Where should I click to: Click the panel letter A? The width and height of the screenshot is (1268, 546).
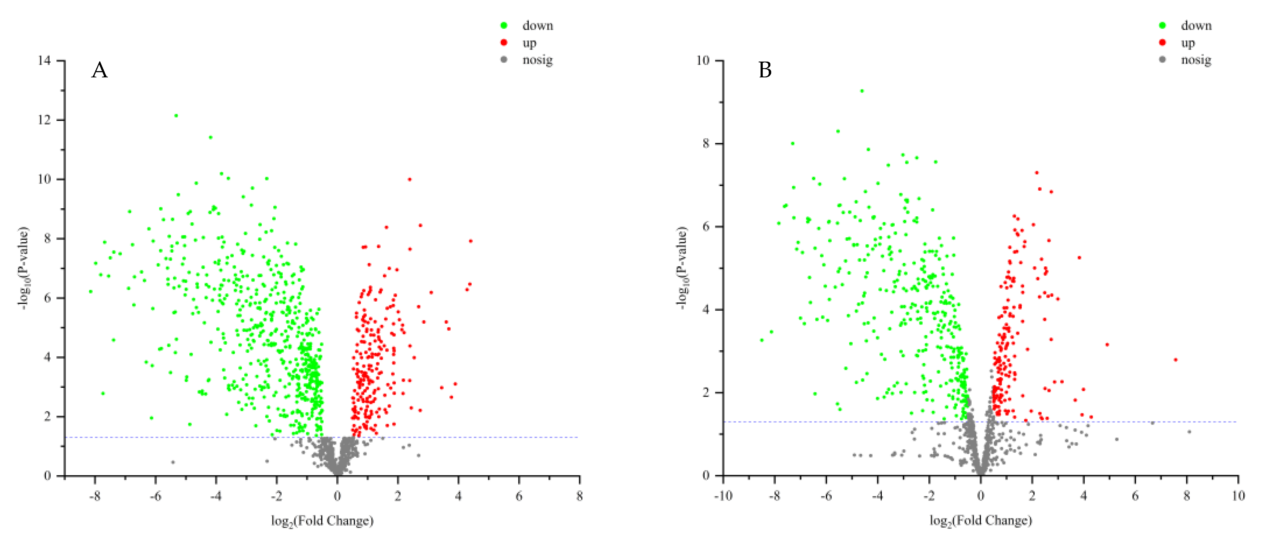(x=99, y=70)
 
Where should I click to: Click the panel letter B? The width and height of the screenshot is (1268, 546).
(x=765, y=70)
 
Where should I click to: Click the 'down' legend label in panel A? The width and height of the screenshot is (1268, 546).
(x=537, y=26)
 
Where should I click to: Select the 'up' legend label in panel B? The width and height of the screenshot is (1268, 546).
(x=1188, y=43)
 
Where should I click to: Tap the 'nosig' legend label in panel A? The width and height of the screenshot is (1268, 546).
(x=537, y=60)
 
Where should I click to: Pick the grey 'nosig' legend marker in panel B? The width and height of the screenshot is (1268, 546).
(x=1163, y=60)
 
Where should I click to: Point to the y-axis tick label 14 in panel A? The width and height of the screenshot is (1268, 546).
(x=44, y=60)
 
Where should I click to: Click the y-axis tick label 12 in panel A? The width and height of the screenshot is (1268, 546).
(x=44, y=120)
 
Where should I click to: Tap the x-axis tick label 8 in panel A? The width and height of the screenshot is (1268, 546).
(x=579, y=496)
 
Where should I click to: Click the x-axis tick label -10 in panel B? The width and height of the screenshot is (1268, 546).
(x=723, y=496)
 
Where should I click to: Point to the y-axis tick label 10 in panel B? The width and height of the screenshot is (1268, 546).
(x=703, y=60)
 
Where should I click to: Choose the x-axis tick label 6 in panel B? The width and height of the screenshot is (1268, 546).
(x=1135, y=496)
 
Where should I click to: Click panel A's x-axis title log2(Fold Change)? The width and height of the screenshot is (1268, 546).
(x=322, y=521)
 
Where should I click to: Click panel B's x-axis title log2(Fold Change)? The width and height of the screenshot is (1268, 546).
(x=980, y=521)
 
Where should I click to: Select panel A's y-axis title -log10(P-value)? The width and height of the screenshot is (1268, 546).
(x=24, y=268)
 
